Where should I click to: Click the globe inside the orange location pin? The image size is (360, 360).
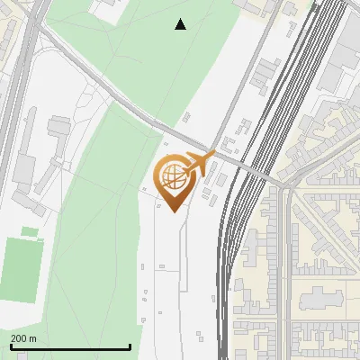174,177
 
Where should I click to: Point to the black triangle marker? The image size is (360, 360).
181,25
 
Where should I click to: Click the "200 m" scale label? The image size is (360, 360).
23,338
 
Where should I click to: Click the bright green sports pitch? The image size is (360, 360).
20,269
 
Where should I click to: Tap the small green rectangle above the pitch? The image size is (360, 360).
30,231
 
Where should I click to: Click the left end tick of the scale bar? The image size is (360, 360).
10,346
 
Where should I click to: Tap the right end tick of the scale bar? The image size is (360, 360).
130,346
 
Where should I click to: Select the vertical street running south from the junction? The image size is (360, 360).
286,270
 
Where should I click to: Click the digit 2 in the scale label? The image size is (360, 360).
13,338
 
